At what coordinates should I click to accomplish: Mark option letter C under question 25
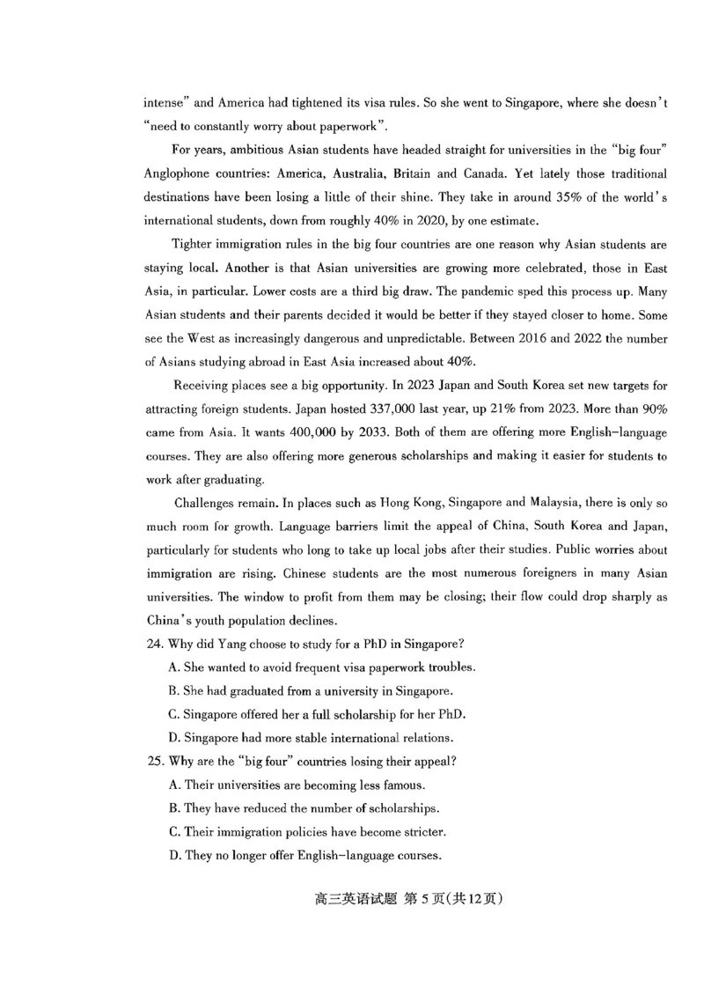[173, 831]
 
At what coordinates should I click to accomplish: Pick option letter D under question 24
[173, 737]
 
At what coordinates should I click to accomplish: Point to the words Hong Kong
[412, 503]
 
